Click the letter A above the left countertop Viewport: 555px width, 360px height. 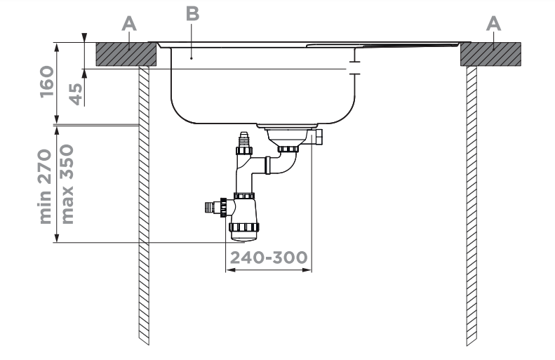(x=128, y=24)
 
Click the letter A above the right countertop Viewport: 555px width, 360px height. (x=494, y=24)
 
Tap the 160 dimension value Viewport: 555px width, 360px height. (x=47, y=83)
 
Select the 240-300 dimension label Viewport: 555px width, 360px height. (x=267, y=258)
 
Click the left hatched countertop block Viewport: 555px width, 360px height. (x=126, y=53)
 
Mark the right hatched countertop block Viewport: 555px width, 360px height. (x=490, y=53)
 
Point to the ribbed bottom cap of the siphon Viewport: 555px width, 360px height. (x=243, y=227)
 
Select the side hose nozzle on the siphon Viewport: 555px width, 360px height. (x=210, y=206)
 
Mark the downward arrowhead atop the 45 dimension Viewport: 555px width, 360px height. (x=84, y=38)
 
